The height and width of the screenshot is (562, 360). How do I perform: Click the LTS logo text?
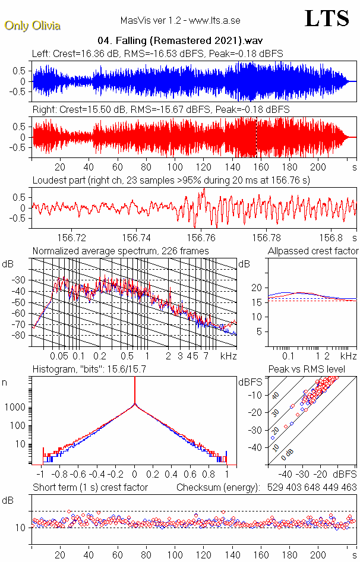327,18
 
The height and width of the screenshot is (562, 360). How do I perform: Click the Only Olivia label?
32,26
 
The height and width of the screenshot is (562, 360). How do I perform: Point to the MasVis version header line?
180,21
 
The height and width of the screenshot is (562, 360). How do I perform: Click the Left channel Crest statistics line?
157,53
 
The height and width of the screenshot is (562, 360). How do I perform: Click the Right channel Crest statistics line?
160,110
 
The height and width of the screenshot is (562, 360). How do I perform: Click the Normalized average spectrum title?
121,251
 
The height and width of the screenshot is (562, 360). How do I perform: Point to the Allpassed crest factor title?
313,251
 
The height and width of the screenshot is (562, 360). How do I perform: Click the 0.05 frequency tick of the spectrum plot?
59,356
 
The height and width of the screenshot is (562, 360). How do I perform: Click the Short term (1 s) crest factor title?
90,488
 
